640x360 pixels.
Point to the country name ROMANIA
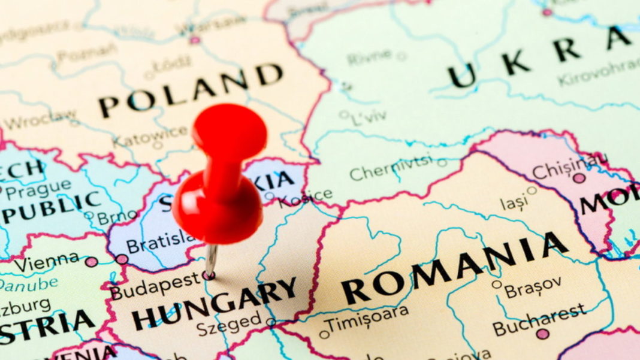click(x=455, y=269)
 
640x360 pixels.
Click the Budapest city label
click(x=154, y=286)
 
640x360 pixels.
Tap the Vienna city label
click(x=46, y=262)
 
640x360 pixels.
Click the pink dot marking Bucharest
click(x=543, y=334)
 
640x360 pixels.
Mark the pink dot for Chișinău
click(x=579, y=178)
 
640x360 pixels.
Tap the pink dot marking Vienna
click(x=91, y=262)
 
